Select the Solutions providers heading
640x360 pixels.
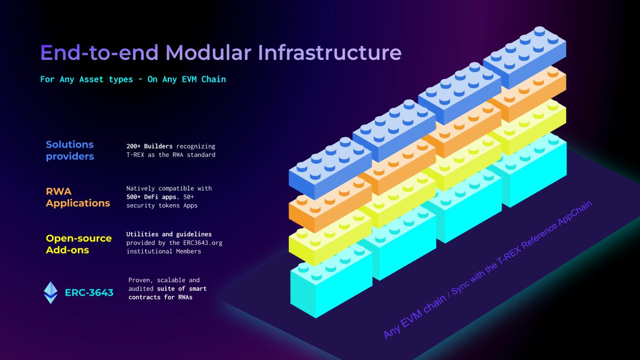tap(70, 150)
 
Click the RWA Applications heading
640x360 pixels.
tap(78, 197)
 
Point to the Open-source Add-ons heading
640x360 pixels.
tap(79, 244)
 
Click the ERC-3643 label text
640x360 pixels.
tap(89, 292)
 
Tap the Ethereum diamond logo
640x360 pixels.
tap(51, 292)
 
